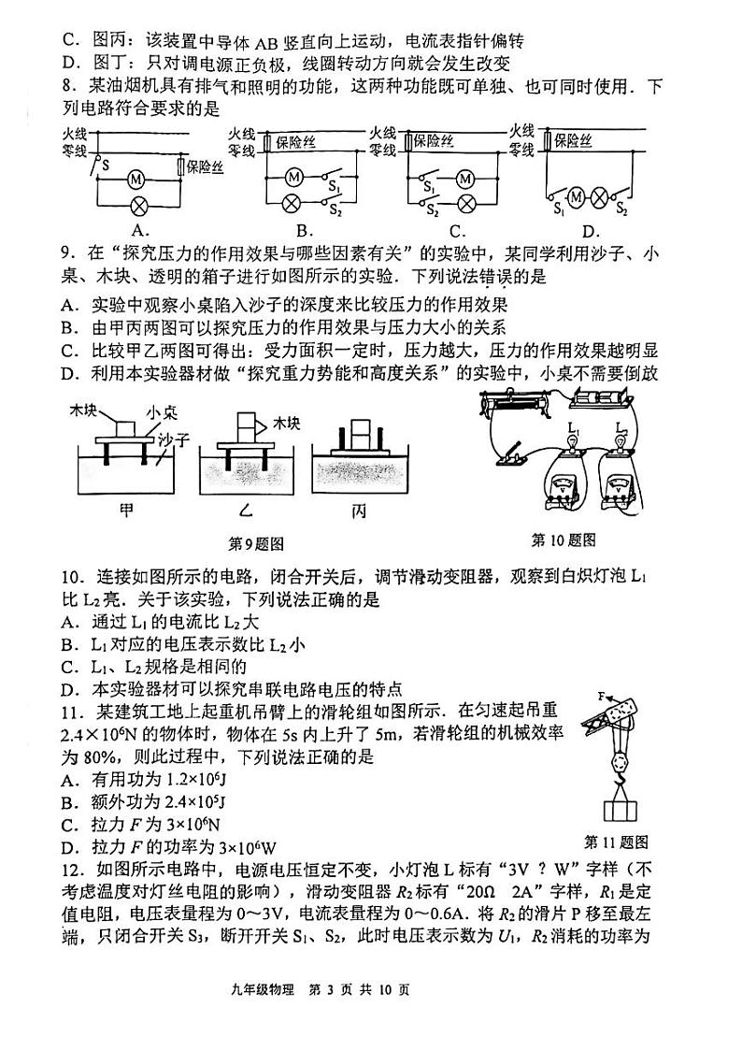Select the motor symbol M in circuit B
293,176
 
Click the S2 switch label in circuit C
433,213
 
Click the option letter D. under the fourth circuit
591,231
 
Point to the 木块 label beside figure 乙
286,425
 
